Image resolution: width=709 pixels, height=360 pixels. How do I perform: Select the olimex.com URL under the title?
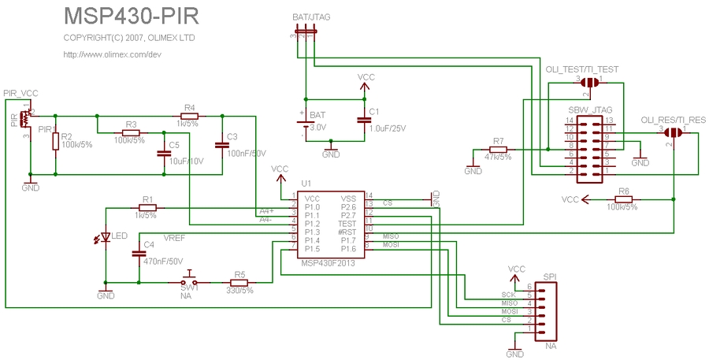[112, 54]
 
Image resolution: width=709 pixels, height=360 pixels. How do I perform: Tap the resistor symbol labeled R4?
[189, 116]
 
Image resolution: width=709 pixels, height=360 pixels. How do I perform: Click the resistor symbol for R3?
[131, 132]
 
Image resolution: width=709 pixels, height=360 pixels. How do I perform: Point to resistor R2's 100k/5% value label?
[76, 145]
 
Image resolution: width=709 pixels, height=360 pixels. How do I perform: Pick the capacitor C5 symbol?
[163, 153]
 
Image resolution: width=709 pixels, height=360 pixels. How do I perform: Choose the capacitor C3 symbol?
[221, 144]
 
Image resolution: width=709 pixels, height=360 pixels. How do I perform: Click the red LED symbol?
[106, 237]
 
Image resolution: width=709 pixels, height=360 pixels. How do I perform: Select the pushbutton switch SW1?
[190, 281]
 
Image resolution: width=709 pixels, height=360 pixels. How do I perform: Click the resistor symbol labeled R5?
[239, 282]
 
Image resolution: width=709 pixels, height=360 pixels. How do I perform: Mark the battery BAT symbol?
[303, 122]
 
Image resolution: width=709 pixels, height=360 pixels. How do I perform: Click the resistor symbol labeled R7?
[498, 149]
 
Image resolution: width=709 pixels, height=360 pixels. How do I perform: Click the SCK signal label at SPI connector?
[508, 295]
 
